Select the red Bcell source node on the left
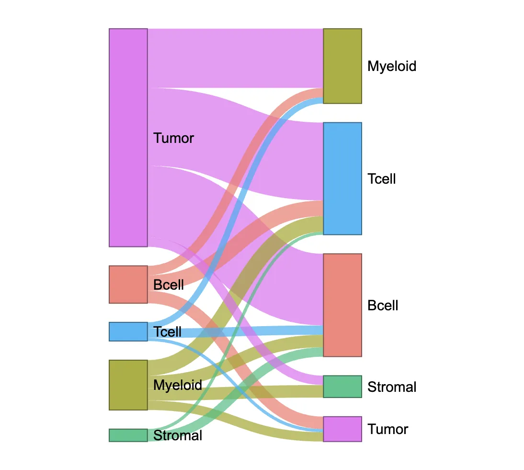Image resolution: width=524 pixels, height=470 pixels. click(x=128, y=284)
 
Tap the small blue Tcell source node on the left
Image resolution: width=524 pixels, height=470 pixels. click(x=128, y=331)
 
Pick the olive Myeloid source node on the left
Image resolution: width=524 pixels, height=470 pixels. click(x=128, y=385)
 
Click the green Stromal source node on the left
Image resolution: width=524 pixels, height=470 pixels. click(x=128, y=435)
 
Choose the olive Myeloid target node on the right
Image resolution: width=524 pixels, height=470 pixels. click(x=342, y=66)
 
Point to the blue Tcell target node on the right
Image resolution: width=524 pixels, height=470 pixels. click(x=342, y=178)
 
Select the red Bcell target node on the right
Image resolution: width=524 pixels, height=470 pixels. click(x=342, y=305)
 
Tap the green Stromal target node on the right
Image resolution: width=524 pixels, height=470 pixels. click(x=342, y=387)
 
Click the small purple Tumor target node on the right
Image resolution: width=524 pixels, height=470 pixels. click(x=342, y=429)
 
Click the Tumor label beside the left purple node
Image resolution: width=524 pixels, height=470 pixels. click(x=173, y=138)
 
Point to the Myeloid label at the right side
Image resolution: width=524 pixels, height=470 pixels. click(x=392, y=66)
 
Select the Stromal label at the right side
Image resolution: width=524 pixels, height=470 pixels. click(x=392, y=387)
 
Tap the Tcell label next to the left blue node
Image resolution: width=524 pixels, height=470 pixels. click(x=168, y=331)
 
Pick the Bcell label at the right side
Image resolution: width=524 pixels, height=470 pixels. click(x=383, y=305)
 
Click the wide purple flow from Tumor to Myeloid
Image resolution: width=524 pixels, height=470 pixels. click(x=235, y=58)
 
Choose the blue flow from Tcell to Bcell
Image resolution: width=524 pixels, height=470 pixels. click(x=239, y=331)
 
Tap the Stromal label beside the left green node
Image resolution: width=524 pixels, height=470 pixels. click(x=178, y=435)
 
